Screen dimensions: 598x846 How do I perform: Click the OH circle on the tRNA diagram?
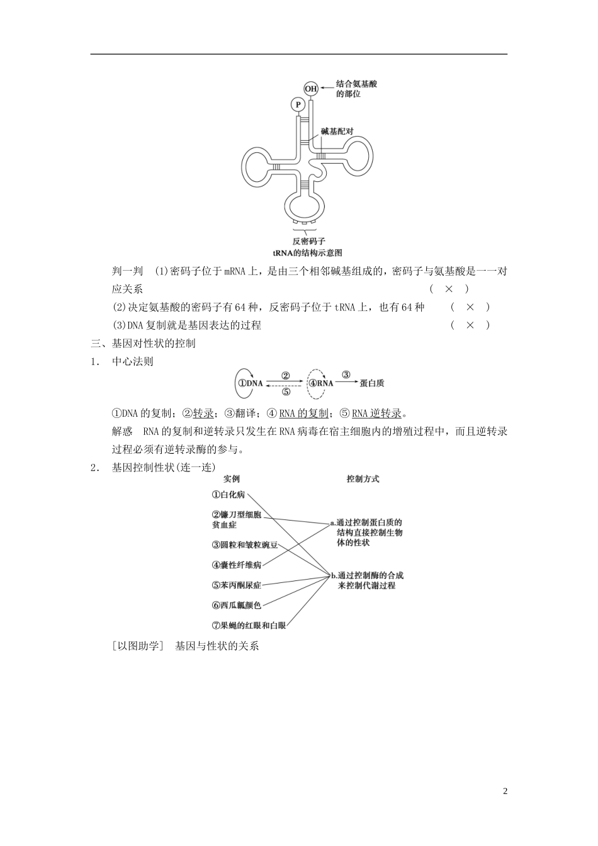pyautogui.click(x=311, y=89)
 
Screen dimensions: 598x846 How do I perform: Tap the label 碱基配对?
pyautogui.click(x=337, y=132)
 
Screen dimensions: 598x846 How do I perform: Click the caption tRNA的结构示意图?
pyautogui.click(x=307, y=252)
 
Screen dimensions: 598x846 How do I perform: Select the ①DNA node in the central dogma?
pyautogui.click(x=250, y=383)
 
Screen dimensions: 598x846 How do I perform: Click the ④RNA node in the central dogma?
pyautogui.click(x=320, y=383)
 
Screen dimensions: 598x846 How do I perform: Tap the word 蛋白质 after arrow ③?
pyautogui.click(x=372, y=383)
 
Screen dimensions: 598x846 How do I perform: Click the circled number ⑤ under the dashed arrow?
pyautogui.click(x=286, y=392)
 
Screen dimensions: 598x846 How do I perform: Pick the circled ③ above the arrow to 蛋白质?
pyautogui.click(x=346, y=374)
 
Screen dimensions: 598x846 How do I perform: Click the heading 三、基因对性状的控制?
pyautogui.click(x=144, y=343)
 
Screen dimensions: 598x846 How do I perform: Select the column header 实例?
pyautogui.click(x=232, y=479)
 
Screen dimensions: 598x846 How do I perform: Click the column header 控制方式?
pyautogui.click(x=363, y=479)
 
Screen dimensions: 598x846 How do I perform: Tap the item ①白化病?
pyautogui.click(x=228, y=495)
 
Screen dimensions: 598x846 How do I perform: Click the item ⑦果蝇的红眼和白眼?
pyautogui.click(x=249, y=626)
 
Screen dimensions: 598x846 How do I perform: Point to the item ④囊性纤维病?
pyautogui.click(x=236, y=565)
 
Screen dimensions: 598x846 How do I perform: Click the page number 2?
pyautogui.click(x=505, y=791)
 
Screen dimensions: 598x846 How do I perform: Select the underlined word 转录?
pyautogui.click(x=203, y=414)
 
